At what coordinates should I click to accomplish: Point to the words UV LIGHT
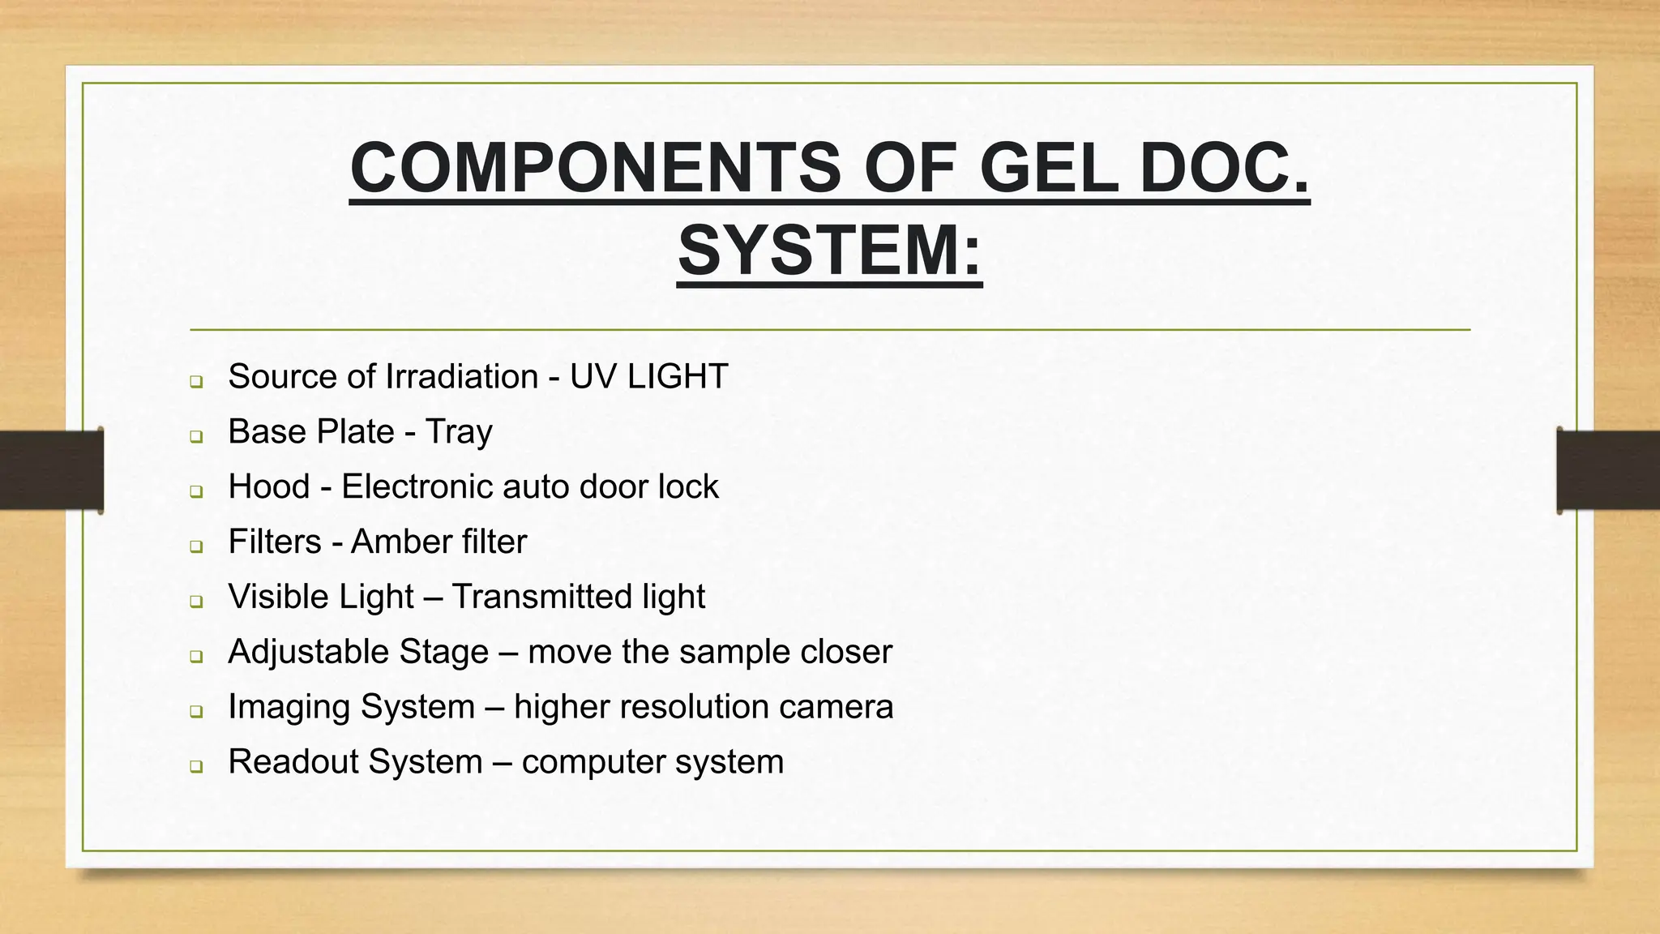pos(648,376)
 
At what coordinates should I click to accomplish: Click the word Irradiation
pos(462,376)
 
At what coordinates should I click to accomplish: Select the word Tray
pos(459,432)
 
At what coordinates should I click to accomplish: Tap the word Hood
pos(269,486)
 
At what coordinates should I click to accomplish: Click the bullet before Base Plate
pos(196,436)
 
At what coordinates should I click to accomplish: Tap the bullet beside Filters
pos(196,546)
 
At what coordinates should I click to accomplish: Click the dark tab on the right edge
pos(1608,470)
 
